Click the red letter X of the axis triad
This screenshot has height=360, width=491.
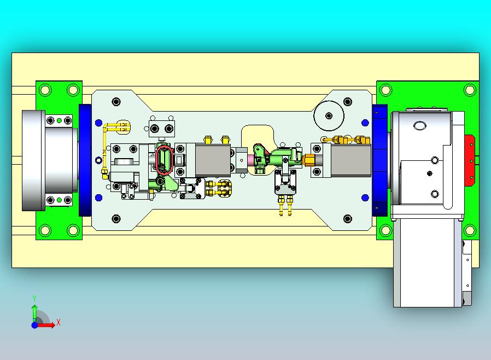(59, 322)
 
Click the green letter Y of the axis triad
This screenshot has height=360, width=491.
(34, 298)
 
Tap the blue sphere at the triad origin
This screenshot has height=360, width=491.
(35, 325)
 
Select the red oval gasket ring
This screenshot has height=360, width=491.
(165, 159)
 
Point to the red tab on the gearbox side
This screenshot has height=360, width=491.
(470, 160)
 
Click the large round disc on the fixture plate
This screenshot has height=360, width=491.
(329, 115)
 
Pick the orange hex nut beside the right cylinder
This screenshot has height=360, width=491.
(308, 160)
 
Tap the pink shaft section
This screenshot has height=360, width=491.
(252, 160)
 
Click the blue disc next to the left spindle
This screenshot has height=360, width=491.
(85, 160)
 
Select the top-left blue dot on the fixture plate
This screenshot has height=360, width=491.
(98, 123)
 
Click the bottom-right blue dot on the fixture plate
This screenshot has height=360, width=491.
(365, 198)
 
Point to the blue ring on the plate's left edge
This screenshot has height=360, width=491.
(98, 160)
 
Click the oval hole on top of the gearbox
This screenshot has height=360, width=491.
(420, 126)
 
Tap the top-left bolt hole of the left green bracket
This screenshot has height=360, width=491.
(45, 90)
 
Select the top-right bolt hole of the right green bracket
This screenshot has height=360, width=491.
(470, 90)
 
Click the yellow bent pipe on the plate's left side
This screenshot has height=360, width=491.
(104, 147)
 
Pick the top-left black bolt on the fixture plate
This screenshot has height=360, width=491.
(116, 102)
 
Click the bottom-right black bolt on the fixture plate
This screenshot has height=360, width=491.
(348, 218)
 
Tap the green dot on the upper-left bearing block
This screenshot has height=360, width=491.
(59, 120)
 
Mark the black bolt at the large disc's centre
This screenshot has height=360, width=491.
(329, 115)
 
